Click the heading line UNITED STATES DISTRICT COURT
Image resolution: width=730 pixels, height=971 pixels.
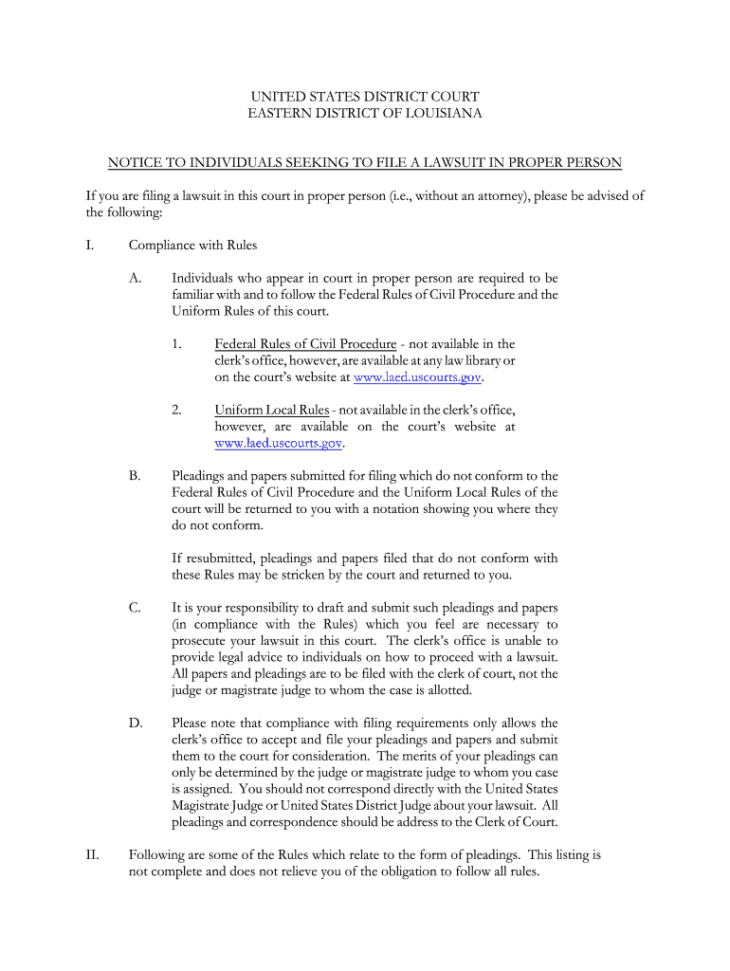(365, 97)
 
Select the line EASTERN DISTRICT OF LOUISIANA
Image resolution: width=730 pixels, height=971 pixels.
(365, 114)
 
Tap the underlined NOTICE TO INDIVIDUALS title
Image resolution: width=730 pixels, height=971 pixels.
(365, 163)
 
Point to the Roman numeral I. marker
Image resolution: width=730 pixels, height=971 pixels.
(90, 246)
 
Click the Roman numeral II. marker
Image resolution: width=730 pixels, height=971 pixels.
(93, 855)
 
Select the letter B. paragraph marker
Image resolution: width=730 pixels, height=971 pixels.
(136, 476)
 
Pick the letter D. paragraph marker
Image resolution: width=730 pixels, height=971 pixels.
(137, 724)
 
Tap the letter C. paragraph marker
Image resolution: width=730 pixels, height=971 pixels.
(136, 608)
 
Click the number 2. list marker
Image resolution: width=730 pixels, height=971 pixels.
(177, 410)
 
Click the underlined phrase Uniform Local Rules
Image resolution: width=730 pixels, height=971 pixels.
(272, 410)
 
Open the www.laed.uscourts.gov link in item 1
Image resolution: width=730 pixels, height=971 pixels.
(417, 377)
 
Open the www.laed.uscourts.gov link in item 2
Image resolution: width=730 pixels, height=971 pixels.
(279, 443)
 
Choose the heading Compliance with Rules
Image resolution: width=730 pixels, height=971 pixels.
(193, 246)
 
